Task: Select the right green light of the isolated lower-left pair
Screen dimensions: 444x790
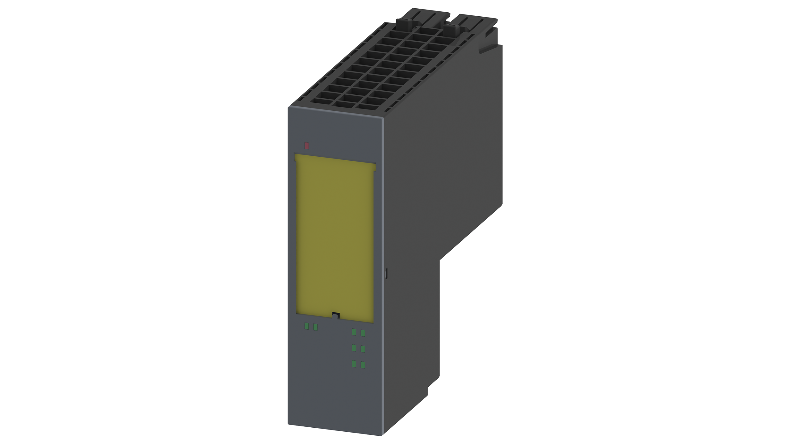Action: tap(315, 327)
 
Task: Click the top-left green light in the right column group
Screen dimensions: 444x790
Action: tap(354, 332)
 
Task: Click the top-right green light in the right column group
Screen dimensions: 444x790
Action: tap(363, 333)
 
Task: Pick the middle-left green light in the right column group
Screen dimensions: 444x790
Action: tap(354, 348)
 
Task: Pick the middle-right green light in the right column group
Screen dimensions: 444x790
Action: tap(363, 349)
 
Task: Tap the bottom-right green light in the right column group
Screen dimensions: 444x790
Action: tap(363, 365)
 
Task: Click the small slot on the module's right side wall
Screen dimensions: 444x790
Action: tap(386, 273)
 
